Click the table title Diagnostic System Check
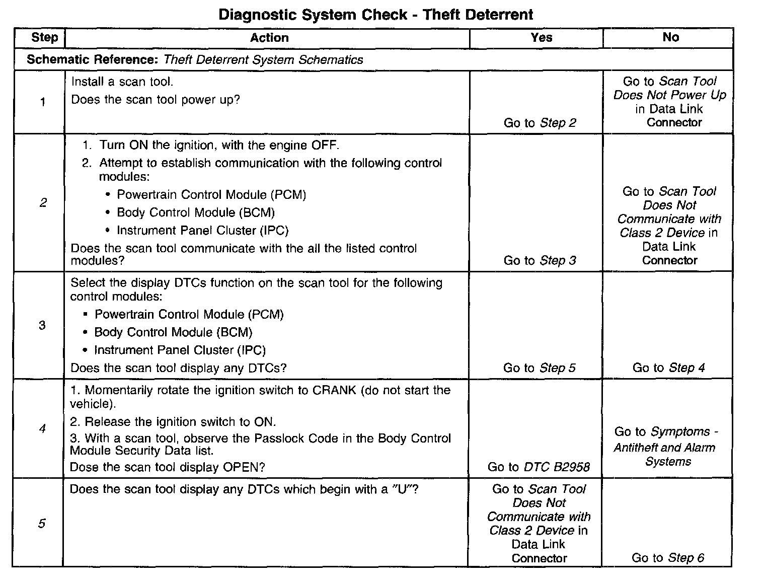375,15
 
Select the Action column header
269,38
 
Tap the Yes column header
541,38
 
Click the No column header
670,38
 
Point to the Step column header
44,38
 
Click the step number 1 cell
43,102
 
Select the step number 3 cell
42,325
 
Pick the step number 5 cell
42,524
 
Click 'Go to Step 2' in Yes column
540,123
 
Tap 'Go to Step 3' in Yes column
540,260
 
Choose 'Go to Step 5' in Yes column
539,368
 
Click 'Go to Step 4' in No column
668,368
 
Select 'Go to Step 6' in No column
667,558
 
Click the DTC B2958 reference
557,467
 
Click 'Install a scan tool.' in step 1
122,82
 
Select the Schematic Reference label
93,60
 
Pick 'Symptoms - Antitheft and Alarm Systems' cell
665,447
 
